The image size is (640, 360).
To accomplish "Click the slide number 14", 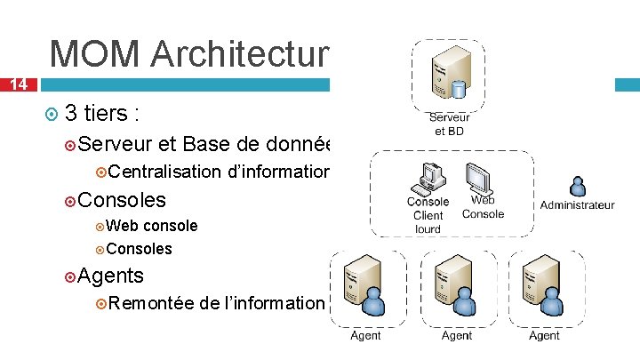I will click(17, 84).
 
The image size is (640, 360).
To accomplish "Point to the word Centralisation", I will click(166, 172).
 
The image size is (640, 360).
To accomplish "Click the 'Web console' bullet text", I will click(157, 226).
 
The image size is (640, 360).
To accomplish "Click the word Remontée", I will click(152, 302).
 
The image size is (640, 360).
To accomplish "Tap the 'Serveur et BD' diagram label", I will click(449, 124).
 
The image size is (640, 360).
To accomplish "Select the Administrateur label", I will click(577, 204).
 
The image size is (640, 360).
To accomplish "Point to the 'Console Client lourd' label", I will click(428, 215).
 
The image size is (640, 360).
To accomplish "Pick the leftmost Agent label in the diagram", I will click(365, 335).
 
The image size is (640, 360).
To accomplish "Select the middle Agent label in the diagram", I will click(457, 335).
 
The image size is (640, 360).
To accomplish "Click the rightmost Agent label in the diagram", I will click(544, 335).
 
